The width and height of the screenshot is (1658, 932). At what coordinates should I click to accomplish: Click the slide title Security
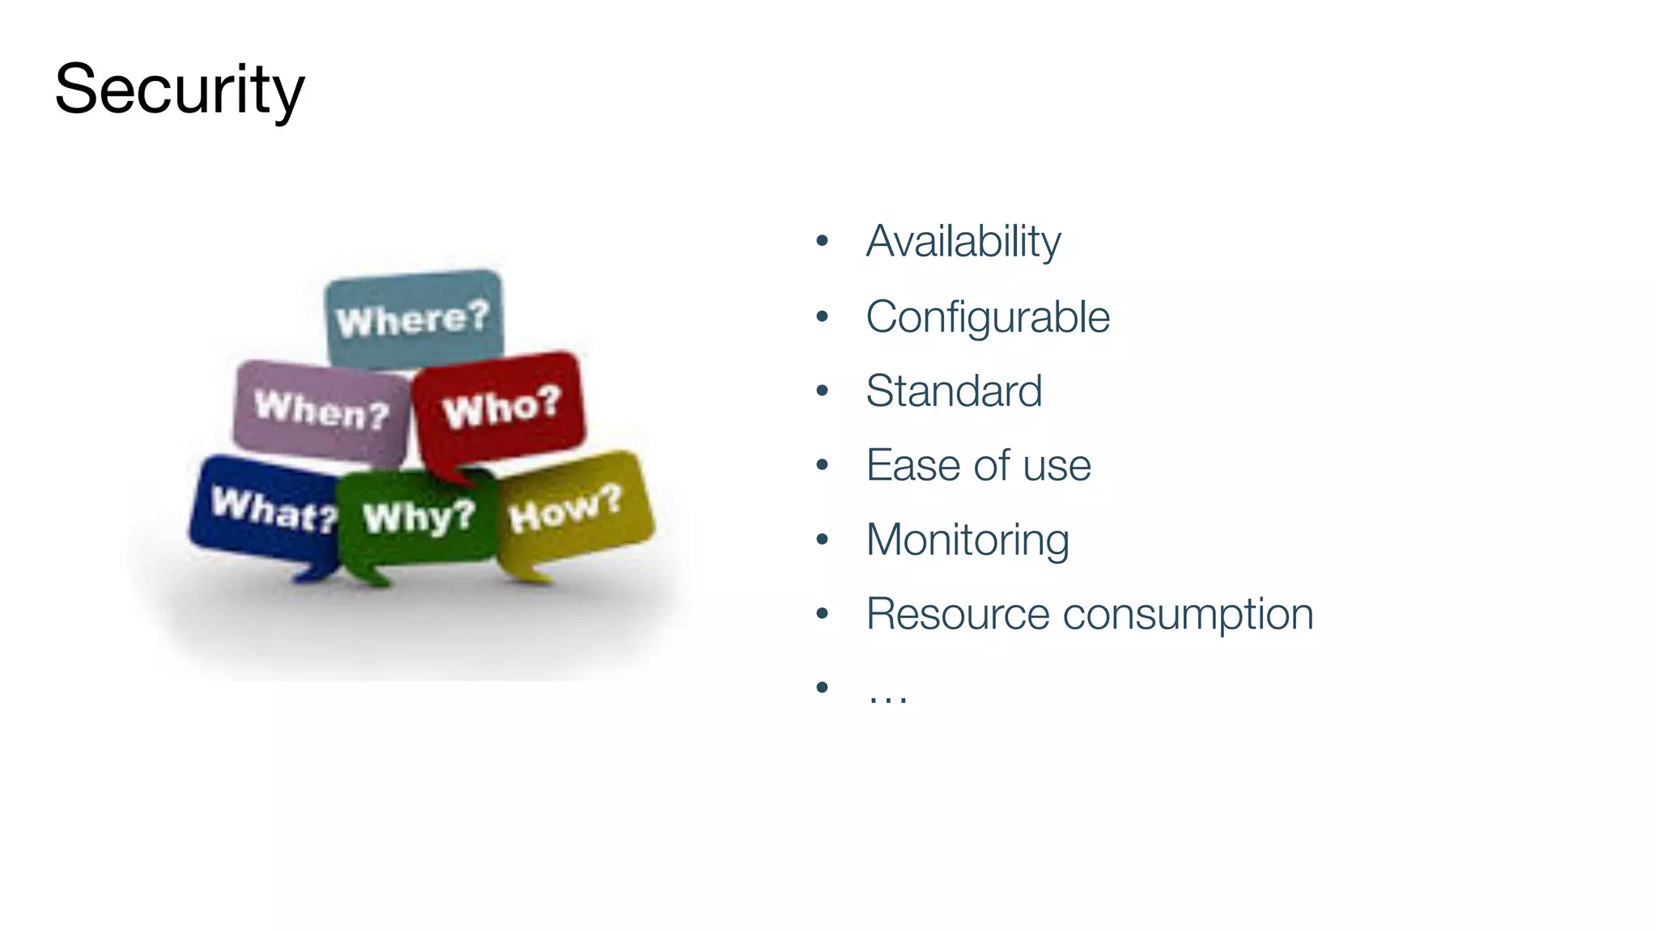[x=179, y=90]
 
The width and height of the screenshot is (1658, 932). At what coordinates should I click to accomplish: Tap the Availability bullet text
[x=963, y=241]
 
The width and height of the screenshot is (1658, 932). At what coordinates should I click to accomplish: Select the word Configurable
[x=987, y=316]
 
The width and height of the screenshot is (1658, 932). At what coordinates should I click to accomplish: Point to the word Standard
[x=954, y=391]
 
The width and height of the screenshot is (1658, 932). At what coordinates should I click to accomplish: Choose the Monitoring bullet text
[x=967, y=540]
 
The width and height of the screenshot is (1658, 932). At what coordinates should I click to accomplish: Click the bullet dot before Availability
[x=823, y=240]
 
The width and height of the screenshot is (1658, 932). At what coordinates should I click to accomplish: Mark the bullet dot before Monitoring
[x=823, y=539]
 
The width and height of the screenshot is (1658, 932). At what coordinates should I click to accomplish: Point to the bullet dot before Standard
[x=823, y=390]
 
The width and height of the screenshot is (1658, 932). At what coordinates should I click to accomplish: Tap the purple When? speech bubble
[x=321, y=410]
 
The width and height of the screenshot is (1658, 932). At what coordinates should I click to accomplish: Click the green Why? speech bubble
[x=418, y=517]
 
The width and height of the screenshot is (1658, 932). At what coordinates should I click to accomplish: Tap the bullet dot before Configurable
[x=823, y=316]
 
